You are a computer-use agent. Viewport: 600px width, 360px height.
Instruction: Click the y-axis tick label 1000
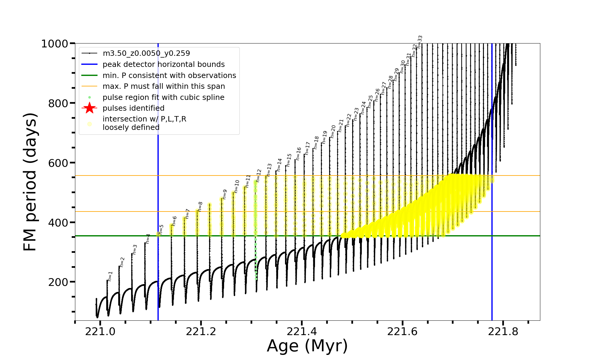point(55,44)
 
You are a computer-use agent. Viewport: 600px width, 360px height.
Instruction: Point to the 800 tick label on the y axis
point(58,103)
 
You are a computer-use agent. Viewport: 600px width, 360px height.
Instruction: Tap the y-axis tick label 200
point(58,282)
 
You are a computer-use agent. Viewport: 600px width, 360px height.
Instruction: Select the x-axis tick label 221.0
point(100,331)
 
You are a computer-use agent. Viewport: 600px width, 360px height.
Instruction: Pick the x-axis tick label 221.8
point(503,331)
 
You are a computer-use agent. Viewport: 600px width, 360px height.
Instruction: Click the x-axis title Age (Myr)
point(307,346)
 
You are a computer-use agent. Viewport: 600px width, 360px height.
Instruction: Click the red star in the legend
point(89,108)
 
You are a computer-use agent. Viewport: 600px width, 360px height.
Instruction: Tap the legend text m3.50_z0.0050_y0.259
point(146,53)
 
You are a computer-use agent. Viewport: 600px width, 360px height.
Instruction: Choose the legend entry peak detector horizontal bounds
point(163,64)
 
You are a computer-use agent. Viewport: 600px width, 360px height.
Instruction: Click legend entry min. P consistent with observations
point(169,75)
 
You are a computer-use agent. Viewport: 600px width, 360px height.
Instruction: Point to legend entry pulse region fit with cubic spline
point(163,97)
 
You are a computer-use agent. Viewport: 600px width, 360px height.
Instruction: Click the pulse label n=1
point(110,276)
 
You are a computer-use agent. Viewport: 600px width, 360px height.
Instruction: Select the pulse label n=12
point(259,175)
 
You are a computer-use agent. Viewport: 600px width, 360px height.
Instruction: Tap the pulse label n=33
point(420,42)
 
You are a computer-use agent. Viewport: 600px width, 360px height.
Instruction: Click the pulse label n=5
point(161,229)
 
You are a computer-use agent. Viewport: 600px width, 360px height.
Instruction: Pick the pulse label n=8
point(200,207)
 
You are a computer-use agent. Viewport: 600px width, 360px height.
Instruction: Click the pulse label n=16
point(298,154)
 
